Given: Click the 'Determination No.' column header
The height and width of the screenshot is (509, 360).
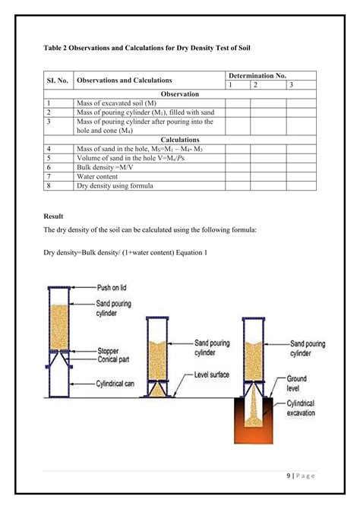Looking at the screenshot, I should pyautogui.click(x=259, y=76).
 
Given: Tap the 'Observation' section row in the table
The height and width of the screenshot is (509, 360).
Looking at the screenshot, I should pyautogui.click(x=179, y=94).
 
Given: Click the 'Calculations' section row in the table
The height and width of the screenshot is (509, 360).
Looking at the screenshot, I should pyautogui.click(x=179, y=140).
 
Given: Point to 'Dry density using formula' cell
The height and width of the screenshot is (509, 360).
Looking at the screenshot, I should pyautogui.click(x=115, y=185).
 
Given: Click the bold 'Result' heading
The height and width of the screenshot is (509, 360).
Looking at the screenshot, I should pyautogui.click(x=53, y=217).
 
